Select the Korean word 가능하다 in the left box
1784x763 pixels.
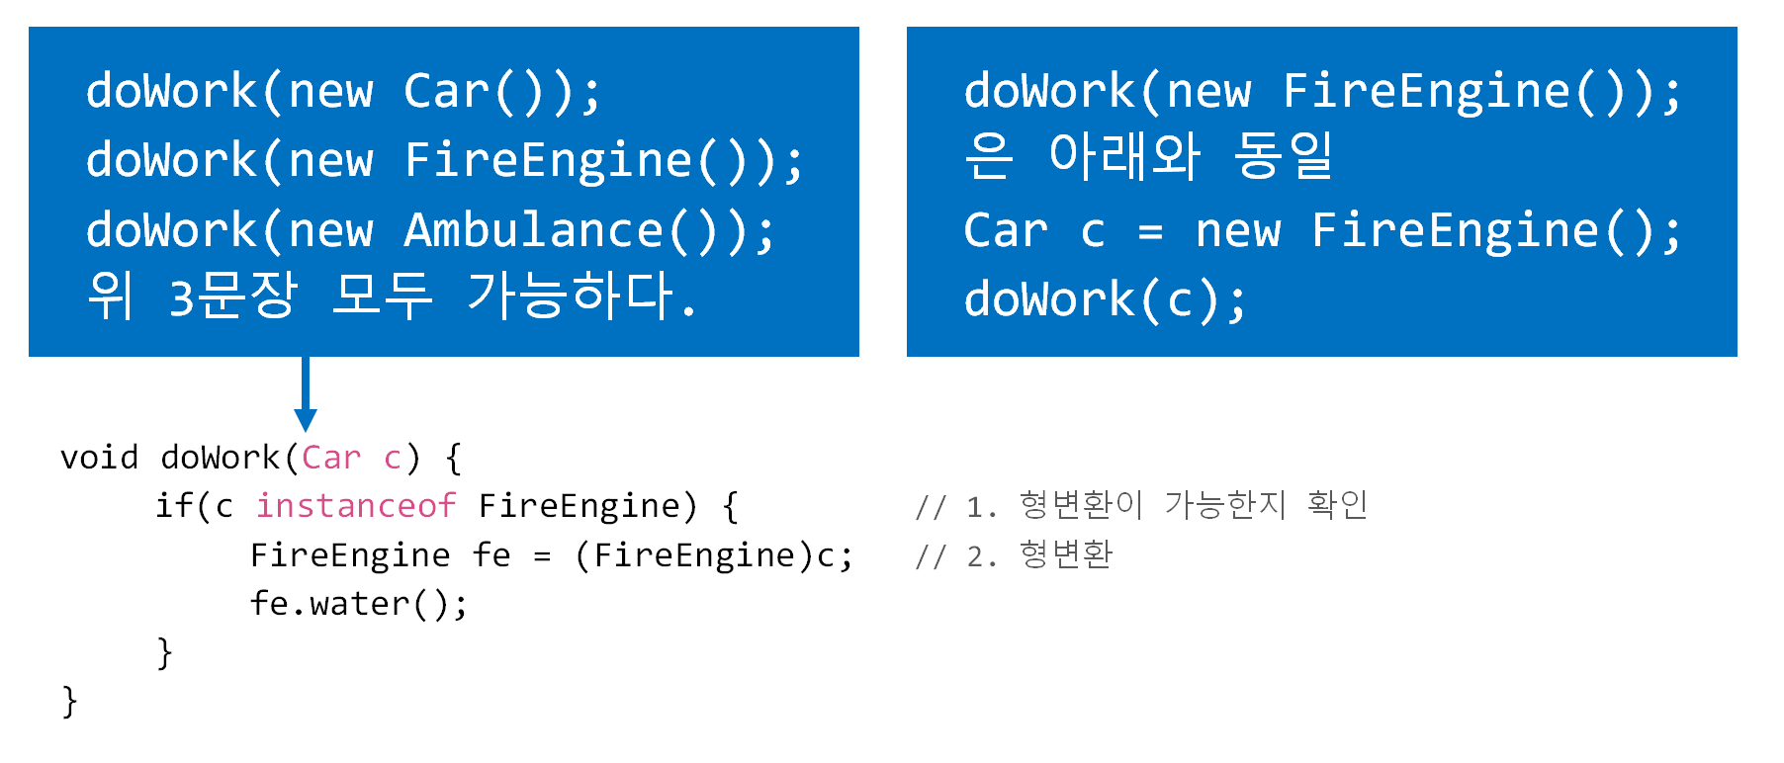570,296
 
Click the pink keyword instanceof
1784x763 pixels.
356,506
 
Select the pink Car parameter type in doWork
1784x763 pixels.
331,458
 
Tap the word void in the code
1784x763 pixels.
99,458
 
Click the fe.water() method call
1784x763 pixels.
358,603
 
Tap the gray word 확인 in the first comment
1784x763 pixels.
1337,505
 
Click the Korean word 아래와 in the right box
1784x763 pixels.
1124,156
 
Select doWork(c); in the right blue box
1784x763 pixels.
1105,299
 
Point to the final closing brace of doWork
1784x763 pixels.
69,702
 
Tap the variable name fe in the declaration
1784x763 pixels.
491,555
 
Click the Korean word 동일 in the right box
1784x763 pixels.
1284,156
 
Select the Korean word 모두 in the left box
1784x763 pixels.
382,296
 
